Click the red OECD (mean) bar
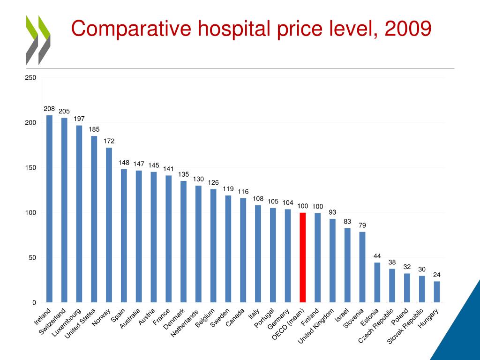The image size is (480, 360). (303, 257)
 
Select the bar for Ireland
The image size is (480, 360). (49, 209)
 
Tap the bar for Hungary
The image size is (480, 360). (437, 292)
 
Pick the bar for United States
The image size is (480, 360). (94, 219)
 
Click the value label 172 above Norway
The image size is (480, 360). (109, 141)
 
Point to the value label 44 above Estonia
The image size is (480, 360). (377, 256)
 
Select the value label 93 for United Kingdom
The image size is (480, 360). (332, 212)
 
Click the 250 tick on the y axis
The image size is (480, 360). (30, 78)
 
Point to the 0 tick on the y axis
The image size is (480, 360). (34, 303)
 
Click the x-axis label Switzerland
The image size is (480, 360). (52, 322)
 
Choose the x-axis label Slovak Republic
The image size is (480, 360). (406, 326)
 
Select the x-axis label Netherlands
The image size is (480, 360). (185, 323)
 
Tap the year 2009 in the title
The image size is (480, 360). (407, 29)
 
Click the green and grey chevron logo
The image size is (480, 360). (38, 40)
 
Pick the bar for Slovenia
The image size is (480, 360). (362, 267)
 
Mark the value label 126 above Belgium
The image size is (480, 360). (213, 182)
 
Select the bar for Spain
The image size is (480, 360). (124, 236)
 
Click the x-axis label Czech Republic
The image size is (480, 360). (375, 327)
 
